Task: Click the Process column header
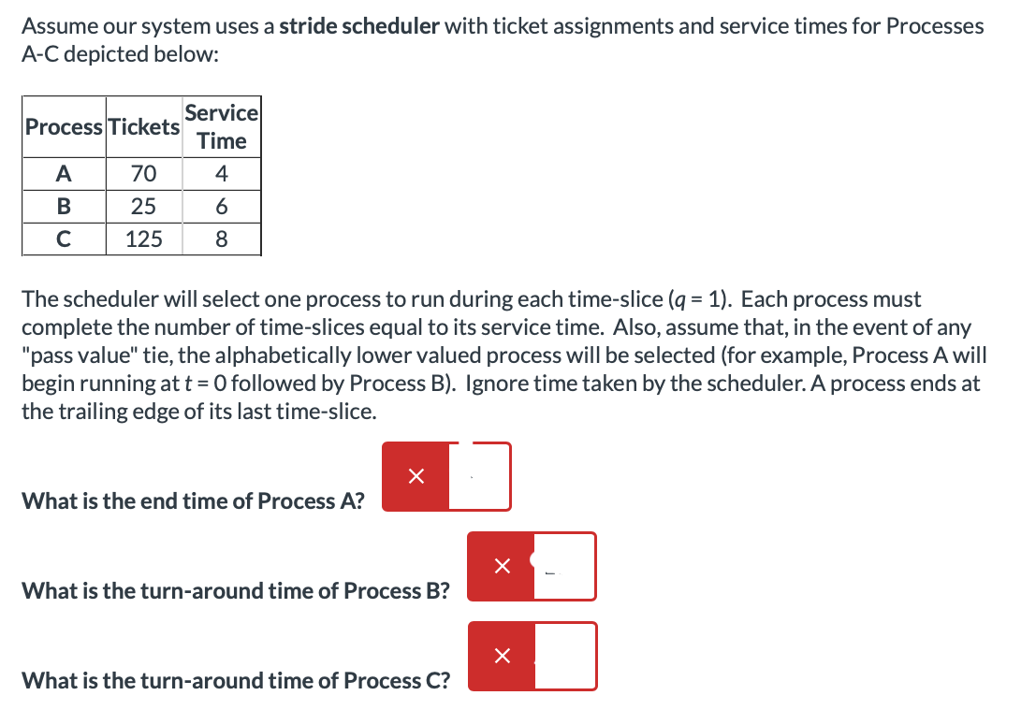tap(65, 127)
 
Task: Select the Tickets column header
tap(143, 127)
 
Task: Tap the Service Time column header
tap(221, 127)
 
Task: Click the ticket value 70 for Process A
tap(143, 174)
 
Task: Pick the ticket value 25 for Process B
tap(143, 207)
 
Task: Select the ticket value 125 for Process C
tap(143, 239)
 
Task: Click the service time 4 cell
tap(221, 174)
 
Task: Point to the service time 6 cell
tap(221, 207)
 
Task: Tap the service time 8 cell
tap(221, 239)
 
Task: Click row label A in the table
tap(64, 174)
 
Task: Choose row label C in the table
tap(64, 239)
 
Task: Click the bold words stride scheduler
tap(359, 26)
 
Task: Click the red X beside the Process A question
tap(416, 477)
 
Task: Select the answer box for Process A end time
tap(479, 477)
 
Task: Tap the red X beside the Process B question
tap(502, 566)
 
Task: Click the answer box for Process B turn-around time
tap(564, 566)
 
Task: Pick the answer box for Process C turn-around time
tap(564, 656)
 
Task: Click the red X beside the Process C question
tap(502, 656)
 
